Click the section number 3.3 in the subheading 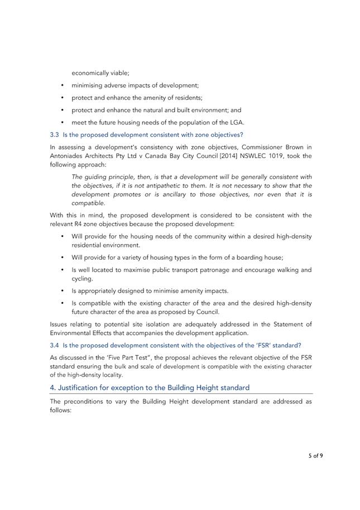(54, 135)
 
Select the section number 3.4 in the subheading (54, 345)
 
